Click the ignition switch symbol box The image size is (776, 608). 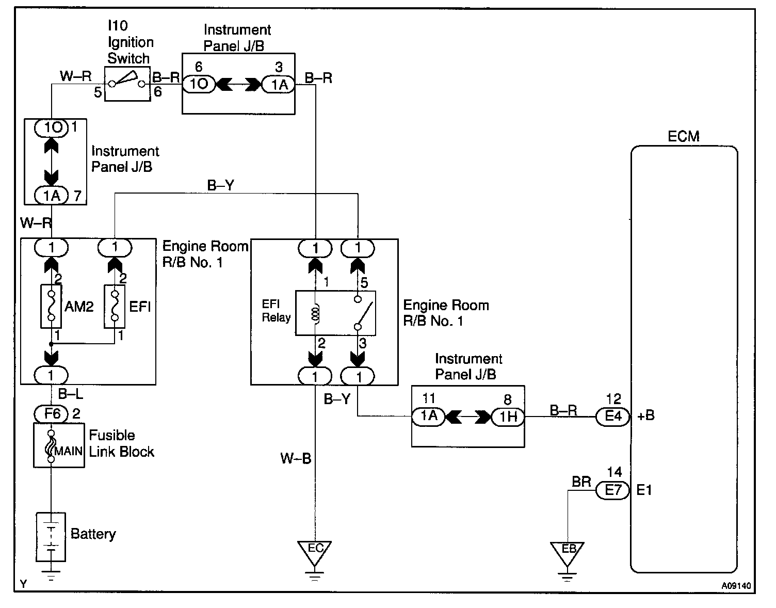(127, 83)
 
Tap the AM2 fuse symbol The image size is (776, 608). (51, 306)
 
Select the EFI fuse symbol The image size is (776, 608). (115, 306)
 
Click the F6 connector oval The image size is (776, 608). (51, 414)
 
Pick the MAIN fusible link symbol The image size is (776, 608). (51, 445)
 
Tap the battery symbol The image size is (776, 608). (51, 537)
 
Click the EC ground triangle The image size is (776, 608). (315, 550)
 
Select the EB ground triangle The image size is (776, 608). (567, 551)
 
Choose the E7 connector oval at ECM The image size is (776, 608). (613, 490)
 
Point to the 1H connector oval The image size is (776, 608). (508, 416)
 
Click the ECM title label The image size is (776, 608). (683, 137)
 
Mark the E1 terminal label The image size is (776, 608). (644, 490)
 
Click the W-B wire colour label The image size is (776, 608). (296, 458)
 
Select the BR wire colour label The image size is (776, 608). (581, 482)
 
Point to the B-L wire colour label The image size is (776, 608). (70, 395)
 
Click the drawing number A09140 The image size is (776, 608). (736, 586)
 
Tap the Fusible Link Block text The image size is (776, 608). (121, 443)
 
